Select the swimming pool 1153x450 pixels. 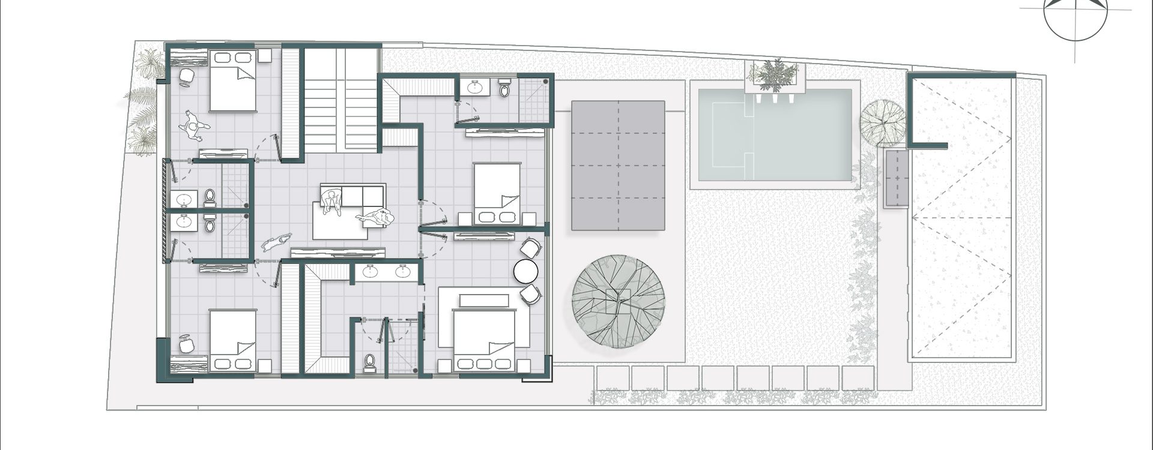[x=775, y=135]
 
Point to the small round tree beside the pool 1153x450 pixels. [x=882, y=123]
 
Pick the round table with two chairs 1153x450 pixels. [x=527, y=271]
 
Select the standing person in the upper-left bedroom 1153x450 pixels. [x=194, y=125]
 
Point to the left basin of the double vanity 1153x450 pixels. [x=371, y=272]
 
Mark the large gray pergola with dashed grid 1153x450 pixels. [x=618, y=166]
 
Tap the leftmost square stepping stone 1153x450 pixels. [x=613, y=378]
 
